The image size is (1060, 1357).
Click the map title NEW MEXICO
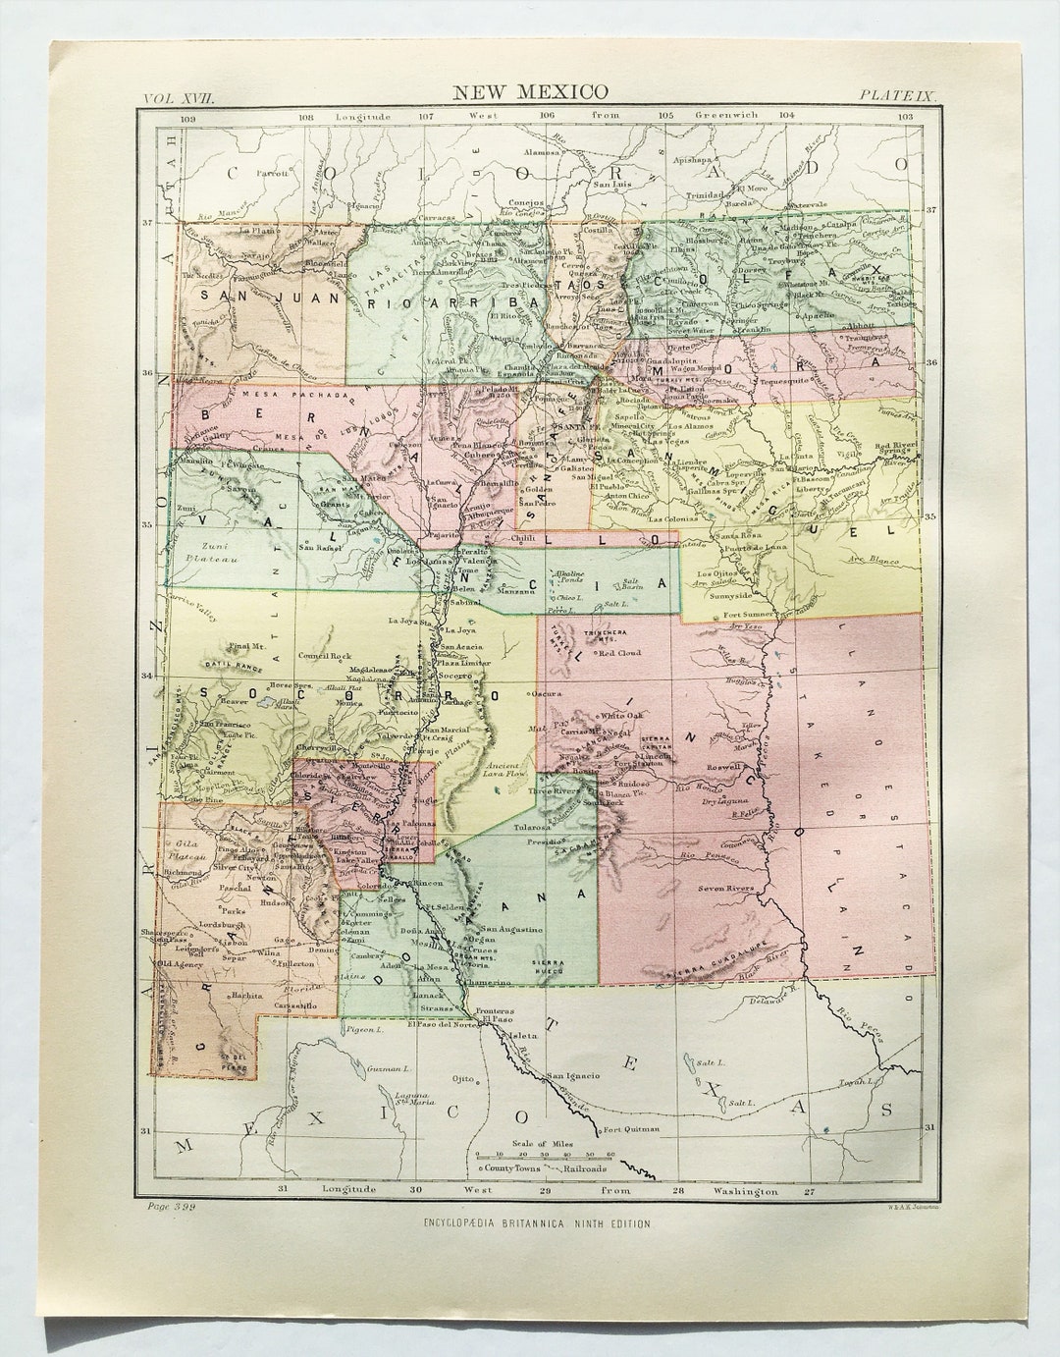click(x=530, y=93)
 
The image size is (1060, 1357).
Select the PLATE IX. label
click(x=899, y=95)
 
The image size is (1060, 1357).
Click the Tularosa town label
click(x=531, y=828)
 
